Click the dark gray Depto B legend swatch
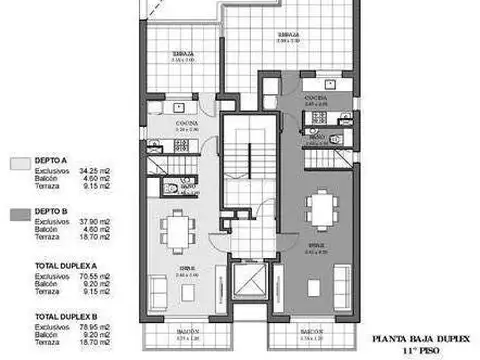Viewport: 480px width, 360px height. point(18,213)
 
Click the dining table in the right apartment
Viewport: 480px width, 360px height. point(319,210)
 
